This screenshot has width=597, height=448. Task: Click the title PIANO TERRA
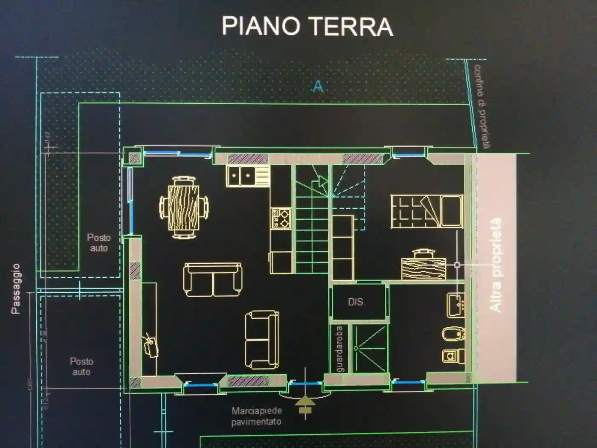307,26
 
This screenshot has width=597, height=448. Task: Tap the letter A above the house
318,87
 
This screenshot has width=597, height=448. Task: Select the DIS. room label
356,302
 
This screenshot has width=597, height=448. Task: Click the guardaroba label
339,349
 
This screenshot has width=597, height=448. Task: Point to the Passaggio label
16,289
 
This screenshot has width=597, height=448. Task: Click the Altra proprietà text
496,265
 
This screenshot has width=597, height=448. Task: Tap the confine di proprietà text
482,106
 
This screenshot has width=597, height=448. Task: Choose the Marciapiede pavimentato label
256,416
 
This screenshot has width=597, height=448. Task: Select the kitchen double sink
241,176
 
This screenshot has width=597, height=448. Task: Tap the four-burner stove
281,218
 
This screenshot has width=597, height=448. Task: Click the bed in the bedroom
426,211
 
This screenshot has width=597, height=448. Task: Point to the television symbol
151,345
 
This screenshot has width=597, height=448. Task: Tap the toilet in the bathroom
452,355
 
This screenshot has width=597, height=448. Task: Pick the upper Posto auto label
99,243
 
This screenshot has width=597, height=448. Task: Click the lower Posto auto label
81,367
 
